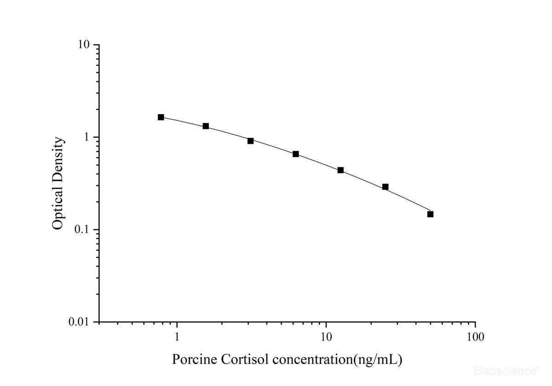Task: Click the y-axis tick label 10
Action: (83, 45)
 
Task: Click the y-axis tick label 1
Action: (87, 137)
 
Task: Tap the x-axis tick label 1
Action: (177, 337)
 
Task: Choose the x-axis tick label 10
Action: (326, 337)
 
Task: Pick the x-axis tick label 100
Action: (475, 337)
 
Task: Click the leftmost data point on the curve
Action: (161, 117)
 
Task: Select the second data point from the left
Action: (206, 126)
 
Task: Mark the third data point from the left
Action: (251, 140)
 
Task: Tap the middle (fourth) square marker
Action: (296, 154)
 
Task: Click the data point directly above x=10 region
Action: (340, 170)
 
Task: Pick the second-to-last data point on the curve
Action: (385, 187)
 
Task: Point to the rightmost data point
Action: (430, 214)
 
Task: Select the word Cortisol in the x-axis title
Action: (242, 359)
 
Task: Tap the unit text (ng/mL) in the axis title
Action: (377, 359)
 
